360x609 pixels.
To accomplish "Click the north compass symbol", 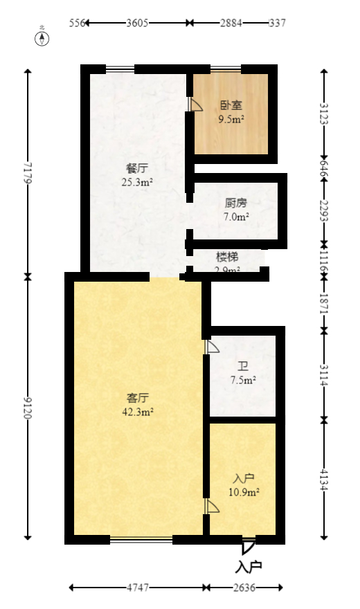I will pyautogui.click(x=42, y=37).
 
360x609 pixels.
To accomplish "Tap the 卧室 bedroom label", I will pyautogui.click(x=231, y=106).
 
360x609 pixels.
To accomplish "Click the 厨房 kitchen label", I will pyautogui.click(x=236, y=203).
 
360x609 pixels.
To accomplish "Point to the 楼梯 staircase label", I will pyautogui.click(x=227, y=257).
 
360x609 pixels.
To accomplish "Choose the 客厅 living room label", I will pyautogui.click(x=138, y=398).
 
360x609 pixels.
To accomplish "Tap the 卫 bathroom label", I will pyautogui.click(x=243, y=367).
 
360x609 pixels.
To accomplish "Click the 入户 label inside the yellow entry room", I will pyautogui.click(x=244, y=478).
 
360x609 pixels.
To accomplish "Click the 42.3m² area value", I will pyautogui.click(x=138, y=411).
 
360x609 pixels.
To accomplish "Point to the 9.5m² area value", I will pyautogui.click(x=231, y=119).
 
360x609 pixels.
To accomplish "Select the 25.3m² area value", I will pyautogui.click(x=136, y=183).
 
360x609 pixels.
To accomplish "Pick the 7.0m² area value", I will pyautogui.click(x=236, y=217).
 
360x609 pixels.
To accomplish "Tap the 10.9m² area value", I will pyautogui.click(x=244, y=492).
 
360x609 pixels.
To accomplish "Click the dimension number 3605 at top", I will pyautogui.click(x=137, y=23).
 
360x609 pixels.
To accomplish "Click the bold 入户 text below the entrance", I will pyautogui.click(x=249, y=567).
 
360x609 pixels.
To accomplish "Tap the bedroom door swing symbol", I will pyautogui.click(x=195, y=104).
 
